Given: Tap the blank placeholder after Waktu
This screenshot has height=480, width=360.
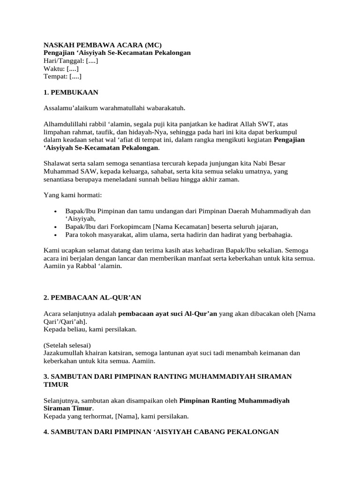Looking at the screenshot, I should coord(73,68).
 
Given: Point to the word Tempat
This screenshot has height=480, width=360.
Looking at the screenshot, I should coord(55,76).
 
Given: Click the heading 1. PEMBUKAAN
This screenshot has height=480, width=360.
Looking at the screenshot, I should coord(71,92).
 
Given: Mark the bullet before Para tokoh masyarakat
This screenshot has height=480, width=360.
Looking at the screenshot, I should coord(56,234).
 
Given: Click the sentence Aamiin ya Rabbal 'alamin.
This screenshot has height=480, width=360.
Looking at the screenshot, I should coord(82,266).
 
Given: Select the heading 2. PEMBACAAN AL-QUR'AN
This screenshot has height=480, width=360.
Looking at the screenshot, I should coord(92,297).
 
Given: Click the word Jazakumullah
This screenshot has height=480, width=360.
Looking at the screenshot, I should coord(65,352).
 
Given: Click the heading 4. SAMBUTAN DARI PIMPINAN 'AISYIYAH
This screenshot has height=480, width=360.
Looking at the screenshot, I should coord(161,432).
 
